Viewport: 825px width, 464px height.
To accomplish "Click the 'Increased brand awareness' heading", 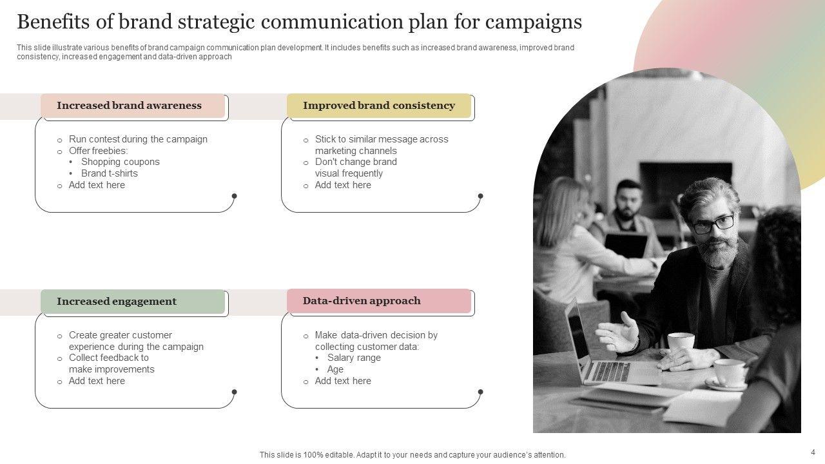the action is (129, 106).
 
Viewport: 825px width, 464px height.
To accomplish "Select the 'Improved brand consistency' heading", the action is (379, 106).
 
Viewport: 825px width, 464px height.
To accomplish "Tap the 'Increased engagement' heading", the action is (117, 302).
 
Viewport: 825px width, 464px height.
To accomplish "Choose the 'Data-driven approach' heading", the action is (362, 301).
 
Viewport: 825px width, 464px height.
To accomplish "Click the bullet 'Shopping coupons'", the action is (121, 162).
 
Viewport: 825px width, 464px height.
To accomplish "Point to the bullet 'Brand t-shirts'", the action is (110, 173).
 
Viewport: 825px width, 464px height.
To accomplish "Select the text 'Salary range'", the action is (354, 358).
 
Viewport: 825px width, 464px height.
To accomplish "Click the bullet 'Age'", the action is (335, 369).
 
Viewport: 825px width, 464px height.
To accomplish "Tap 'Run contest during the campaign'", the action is (138, 139).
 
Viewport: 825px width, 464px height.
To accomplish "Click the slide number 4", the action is (813, 452).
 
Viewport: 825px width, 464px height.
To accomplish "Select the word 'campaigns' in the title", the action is (533, 22).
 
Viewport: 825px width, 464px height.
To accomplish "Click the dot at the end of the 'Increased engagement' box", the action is (234, 392).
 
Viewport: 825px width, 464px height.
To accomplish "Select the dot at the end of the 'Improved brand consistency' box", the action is (480, 196).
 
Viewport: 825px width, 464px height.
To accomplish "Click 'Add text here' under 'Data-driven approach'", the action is (343, 381).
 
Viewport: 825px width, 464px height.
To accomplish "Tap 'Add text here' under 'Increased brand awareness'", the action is (97, 185).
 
